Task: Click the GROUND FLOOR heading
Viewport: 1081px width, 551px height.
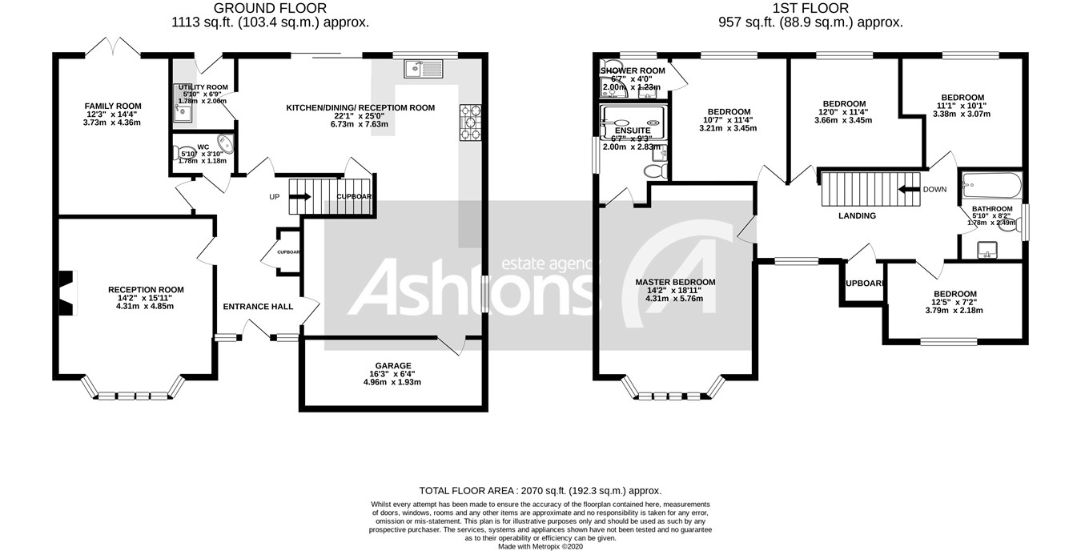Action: tap(270, 9)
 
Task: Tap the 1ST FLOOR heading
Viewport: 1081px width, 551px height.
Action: tap(810, 9)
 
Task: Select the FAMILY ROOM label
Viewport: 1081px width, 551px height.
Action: tap(113, 106)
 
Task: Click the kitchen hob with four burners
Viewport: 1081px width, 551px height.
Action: tap(470, 123)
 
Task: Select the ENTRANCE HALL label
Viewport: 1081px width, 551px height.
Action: tap(258, 306)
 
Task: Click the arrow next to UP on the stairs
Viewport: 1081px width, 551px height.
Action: tap(301, 195)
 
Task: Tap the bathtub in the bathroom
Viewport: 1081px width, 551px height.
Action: tap(991, 187)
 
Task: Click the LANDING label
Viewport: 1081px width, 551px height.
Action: tap(857, 215)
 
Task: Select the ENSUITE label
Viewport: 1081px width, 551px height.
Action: tap(633, 131)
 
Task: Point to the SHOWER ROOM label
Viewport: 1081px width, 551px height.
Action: tap(633, 70)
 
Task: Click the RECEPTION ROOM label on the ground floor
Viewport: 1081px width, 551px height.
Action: tap(146, 290)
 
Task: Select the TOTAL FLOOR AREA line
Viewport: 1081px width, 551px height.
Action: tap(540, 490)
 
